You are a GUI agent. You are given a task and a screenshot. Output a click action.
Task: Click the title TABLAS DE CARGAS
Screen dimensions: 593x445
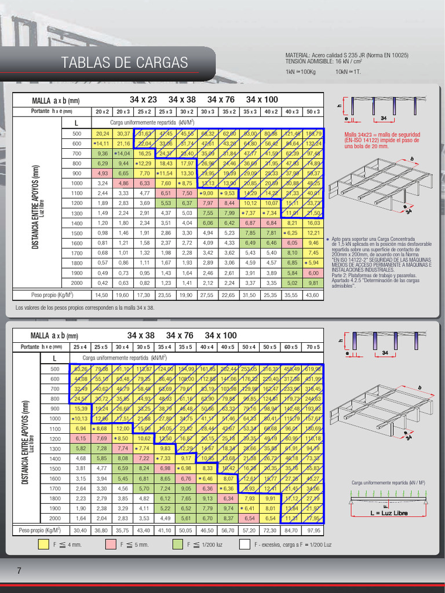tap(125, 63)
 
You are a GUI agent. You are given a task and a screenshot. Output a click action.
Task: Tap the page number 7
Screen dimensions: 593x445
tap(19, 571)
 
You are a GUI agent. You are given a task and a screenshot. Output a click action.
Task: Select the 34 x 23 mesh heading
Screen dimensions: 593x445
tap(143, 100)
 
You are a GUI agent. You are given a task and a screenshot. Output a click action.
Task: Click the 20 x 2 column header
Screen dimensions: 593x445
tap(103, 111)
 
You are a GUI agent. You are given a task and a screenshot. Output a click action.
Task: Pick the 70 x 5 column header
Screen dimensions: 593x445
tap(312, 347)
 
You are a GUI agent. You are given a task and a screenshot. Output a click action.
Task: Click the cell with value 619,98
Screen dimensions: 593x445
tap(312, 369)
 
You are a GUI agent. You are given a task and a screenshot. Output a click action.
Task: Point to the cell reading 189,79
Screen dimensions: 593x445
tap(313, 133)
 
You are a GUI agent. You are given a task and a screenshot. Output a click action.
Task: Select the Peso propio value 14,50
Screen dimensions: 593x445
tap(103, 295)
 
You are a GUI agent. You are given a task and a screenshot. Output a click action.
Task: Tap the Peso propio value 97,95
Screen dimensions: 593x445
tap(312, 530)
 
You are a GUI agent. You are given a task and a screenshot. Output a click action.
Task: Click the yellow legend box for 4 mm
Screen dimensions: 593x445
tap(43, 544)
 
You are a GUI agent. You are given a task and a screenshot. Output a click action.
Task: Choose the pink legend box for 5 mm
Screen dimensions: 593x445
tap(111, 544)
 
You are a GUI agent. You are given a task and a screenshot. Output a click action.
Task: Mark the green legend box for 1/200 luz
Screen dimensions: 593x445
tap(178, 544)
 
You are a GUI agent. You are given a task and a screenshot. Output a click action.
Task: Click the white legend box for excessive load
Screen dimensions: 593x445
tap(246, 544)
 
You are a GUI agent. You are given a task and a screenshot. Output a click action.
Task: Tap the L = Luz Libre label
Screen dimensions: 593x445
tap(389, 513)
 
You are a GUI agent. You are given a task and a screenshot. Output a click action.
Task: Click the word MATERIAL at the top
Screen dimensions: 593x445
tap(297, 56)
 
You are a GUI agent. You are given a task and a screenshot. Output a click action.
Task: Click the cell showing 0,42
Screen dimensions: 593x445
tap(103, 283)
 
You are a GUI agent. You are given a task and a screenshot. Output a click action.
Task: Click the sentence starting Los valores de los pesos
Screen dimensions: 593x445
tap(85, 307)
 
